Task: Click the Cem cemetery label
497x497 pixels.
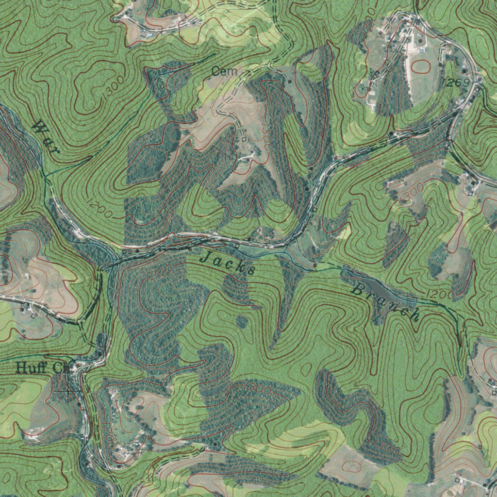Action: click(x=225, y=72)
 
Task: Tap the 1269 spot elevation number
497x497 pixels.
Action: click(x=457, y=83)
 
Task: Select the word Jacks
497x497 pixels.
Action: click(x=228, y=263)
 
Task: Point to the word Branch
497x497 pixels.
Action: click(x=385, y=303)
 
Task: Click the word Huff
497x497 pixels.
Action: click(x=32, y=368)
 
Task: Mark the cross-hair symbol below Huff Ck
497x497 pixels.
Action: click(x=68, y=391)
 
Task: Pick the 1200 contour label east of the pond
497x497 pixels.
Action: click(x=440, y=294)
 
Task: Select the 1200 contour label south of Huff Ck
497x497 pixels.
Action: click(x=108, y=437)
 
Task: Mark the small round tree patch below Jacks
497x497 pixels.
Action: click(x=242, y=321)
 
